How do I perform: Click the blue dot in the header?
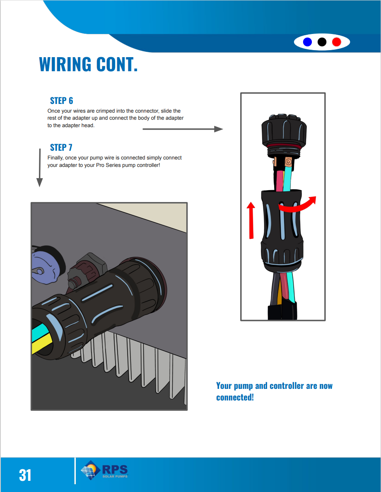(307, 42)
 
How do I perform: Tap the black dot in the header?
(322, 42)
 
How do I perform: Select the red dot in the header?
(336, 42)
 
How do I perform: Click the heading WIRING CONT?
(88, 64)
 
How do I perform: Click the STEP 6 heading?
(62, 101)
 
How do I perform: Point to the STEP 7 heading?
(61, 147)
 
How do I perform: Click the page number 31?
(25, 475)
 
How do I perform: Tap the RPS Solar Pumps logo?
(104, 470)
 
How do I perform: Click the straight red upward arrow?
(251, 220)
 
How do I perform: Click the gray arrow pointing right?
(183, 129)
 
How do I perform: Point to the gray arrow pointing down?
(39, 168)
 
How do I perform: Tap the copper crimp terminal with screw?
(288, 162)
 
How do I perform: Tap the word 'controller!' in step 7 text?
(148, 165)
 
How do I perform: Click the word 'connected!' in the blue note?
(235, 397)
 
